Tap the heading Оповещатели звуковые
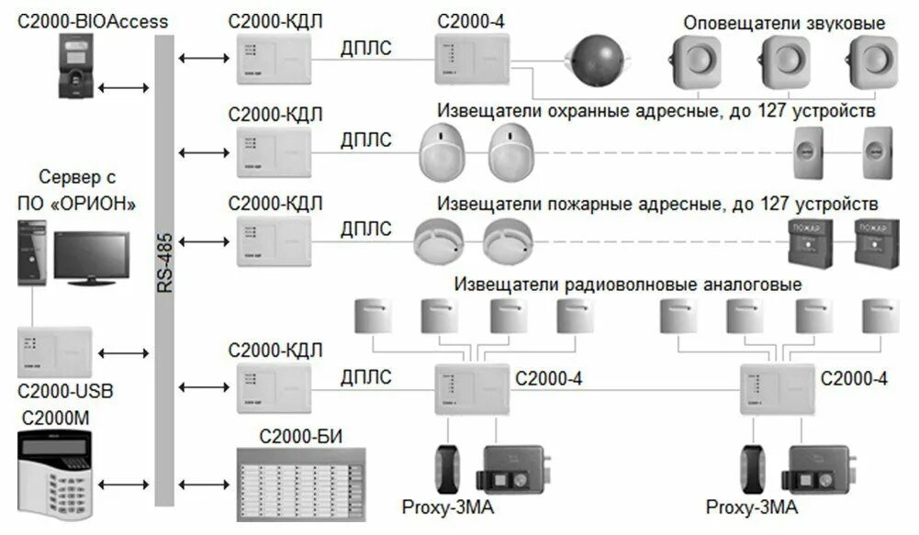click(x=788, y=23)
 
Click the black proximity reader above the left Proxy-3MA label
click(x=449, y=469)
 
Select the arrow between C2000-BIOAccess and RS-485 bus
click(x=123, y=88)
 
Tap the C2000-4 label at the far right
click(x=854, y=378)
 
